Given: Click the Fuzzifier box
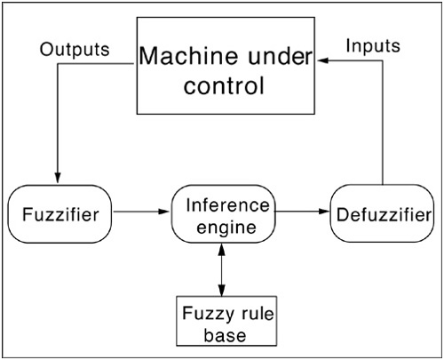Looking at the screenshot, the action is (59, 214).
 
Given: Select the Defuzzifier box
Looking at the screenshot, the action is (382, 213).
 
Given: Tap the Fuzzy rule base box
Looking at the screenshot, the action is (226, 321).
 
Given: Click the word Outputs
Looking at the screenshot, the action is (75, 50).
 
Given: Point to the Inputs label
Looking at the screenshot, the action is (373, 46).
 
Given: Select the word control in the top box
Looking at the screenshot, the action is (224, 85).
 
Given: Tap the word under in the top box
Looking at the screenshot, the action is (281, 56).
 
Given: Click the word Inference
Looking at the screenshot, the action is (228, 205).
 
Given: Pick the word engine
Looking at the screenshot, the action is (226, 228).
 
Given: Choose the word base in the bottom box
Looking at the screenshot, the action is (225, 335).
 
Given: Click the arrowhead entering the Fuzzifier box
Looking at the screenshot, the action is (58, 177).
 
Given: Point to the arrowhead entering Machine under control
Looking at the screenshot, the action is (323, 60).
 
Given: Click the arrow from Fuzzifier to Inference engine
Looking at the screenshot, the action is (141, 212).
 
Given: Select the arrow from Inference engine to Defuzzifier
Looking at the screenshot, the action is (302, 212).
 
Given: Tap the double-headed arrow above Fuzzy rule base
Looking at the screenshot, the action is (222, 269).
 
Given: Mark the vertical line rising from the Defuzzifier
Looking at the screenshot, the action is (383, 123).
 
